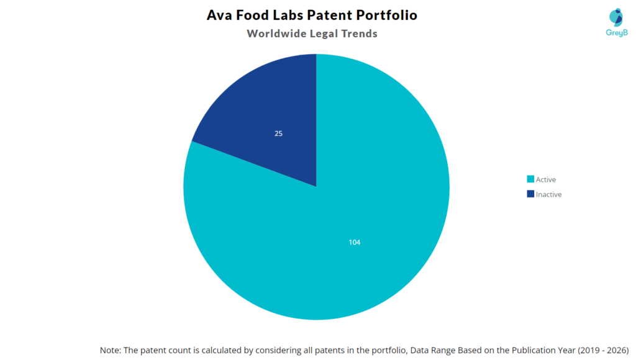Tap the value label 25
point(278,133)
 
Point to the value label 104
point(354,242)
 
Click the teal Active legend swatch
point(530,179)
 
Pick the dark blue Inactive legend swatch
point(530,194)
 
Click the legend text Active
point(546,180)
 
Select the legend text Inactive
point(548,194)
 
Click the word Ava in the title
point(219,15)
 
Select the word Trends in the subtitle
point(359,34)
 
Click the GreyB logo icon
point(616,17)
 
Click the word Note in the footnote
point(111,350)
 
